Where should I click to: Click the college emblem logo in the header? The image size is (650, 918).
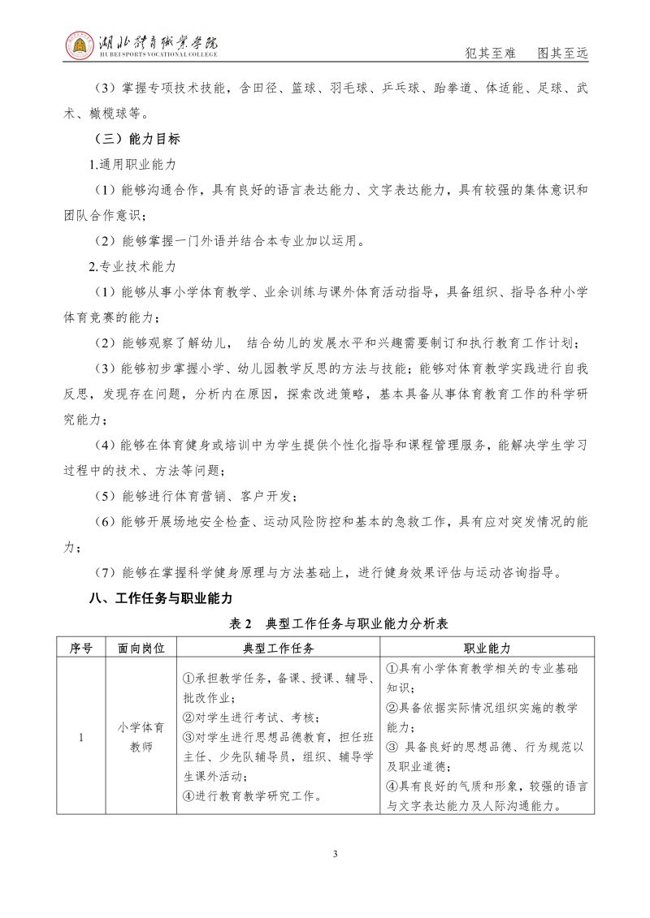pyautogui.click(x=79, y=47)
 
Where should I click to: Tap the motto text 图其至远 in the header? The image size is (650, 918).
pyautogui.click(x=562, y=53)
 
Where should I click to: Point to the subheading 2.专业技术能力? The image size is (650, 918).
pyautogui.click(x=132, y=265)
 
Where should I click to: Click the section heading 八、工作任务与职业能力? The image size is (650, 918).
pyautogui.click(x=161, y=598)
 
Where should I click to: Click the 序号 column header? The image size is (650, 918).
pyautogui.click(x=81, y=648)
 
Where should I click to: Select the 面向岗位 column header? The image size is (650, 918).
pyautogui.click(x=141, y=648)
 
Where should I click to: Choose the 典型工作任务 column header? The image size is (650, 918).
pyautogui.click(x=279, y=648)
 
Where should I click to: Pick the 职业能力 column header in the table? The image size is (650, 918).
pyautogui.click(x=487, y=648)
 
